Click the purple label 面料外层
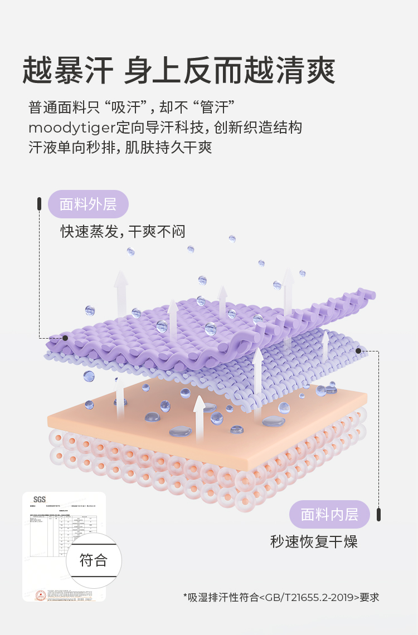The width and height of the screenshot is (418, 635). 88,204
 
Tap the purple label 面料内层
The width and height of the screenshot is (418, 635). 329,514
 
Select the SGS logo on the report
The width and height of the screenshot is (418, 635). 40,500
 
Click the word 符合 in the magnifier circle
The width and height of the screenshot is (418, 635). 93,560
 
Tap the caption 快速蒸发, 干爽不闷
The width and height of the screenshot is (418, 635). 123,232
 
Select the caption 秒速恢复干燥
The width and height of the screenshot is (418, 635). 314,541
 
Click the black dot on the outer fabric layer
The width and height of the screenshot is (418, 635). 65,338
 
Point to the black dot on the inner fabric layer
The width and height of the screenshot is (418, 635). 358,351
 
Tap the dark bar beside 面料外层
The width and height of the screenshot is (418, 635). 40,204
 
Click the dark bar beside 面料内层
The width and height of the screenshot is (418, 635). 379,514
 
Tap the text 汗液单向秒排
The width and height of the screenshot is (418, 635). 72,148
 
